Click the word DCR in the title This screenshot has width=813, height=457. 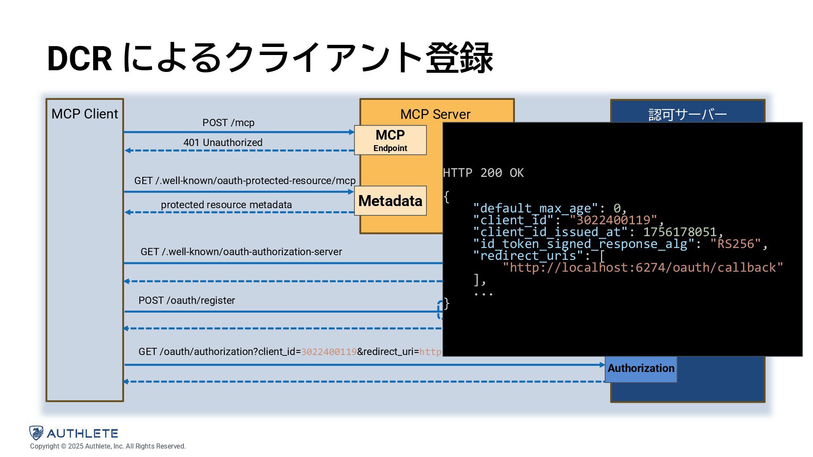[80, 58]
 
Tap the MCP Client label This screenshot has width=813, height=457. [85, 114]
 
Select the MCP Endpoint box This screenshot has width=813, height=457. [390, 140]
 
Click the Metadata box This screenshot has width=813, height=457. [390, 201]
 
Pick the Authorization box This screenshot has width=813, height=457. [641, 369]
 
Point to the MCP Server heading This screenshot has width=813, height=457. [435, 114]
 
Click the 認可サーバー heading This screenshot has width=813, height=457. [687, 114]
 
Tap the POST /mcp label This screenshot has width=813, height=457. [228, 123]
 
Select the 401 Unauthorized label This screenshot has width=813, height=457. [223, 143]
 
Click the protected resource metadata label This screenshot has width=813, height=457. [226, 205]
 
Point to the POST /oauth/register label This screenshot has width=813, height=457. [186, 300]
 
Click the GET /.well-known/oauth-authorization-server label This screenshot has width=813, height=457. [241, 252]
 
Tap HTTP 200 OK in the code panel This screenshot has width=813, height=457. [483, 173]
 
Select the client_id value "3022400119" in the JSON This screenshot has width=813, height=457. [614, 220]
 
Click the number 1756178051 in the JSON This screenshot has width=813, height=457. [680, 232]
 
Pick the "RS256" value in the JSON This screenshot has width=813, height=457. [736, 244]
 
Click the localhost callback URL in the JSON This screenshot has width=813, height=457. [643, 267]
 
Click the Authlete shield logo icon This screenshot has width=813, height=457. [36, 433]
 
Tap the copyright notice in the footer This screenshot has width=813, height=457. [108, 446]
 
